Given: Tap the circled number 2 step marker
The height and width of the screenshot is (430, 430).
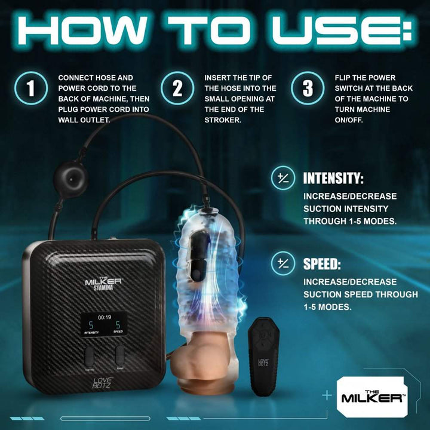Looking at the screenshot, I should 177,88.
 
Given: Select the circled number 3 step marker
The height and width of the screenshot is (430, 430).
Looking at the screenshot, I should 307,88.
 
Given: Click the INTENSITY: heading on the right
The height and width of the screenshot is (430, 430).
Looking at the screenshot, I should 333,179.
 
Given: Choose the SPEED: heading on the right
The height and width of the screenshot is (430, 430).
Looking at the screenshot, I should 323,263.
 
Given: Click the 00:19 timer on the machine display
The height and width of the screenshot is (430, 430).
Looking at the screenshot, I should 105,318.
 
